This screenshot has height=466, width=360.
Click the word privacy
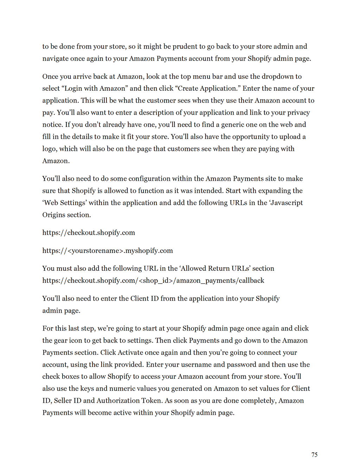coord(298,113)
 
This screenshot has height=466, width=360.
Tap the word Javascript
coord(286,203)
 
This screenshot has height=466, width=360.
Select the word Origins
coord(54,215)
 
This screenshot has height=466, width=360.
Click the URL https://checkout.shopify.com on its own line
coord(89,233)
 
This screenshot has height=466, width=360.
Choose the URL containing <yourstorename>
coord(108,251)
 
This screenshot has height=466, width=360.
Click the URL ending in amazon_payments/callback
coord(153,281)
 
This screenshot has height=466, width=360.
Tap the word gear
coord(60,340)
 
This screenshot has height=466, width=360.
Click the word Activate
coord(130,352)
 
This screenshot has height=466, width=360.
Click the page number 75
coord(314,455)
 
